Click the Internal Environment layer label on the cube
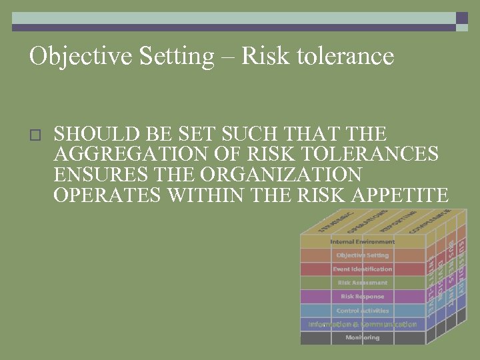362,241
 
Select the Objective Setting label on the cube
362,255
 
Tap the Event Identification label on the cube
362,269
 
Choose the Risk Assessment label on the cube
362,283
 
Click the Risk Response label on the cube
362,297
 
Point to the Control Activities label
362,311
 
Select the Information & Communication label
362,325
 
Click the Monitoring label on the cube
362,338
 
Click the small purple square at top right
462,18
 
